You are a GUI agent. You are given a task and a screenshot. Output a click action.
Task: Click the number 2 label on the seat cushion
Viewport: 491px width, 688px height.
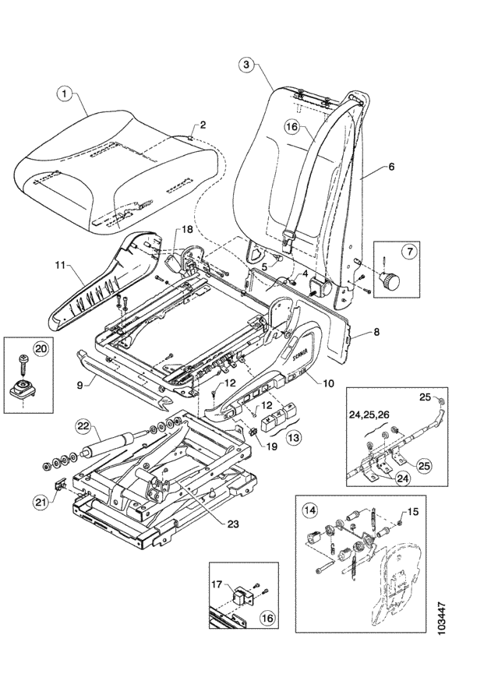(x=202, y=125)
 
